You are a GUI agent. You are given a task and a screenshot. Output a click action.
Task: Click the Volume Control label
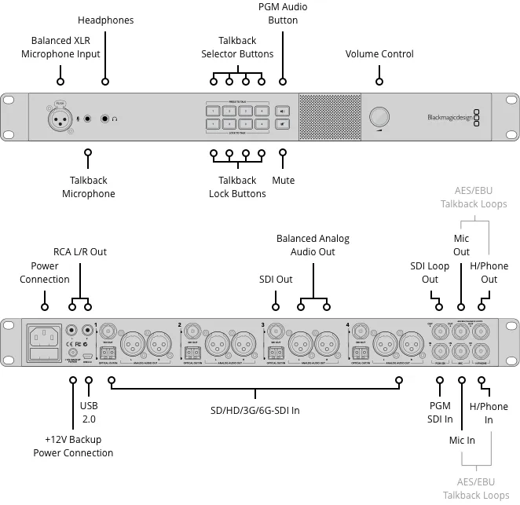point(379,54)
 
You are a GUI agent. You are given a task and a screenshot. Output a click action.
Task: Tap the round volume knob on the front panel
point(379,117)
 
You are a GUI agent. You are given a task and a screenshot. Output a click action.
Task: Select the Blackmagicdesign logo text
point(449,119)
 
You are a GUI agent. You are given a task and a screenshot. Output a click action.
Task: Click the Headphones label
point(106,20)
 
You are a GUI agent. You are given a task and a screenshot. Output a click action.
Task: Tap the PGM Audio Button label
point(283,13)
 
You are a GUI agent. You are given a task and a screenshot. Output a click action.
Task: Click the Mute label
point(283,181)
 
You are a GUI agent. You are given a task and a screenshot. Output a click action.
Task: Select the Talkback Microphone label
point(88,187)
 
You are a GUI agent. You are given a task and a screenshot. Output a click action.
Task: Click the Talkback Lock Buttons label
point(237,187)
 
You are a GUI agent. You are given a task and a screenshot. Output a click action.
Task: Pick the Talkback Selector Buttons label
point(237,47)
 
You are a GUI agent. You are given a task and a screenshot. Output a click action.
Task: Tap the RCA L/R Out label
point(79,252)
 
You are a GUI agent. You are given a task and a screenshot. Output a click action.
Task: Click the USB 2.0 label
point(89,412)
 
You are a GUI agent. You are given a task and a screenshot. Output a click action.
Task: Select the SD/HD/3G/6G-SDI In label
point(256,411)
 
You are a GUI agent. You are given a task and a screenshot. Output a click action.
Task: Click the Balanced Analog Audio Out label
point(313,245)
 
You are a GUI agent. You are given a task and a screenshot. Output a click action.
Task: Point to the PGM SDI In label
point(440,412)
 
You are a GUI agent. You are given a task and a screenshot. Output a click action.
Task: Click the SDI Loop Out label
point(430,273)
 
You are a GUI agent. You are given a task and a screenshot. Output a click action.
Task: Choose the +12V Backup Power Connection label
point(73,446)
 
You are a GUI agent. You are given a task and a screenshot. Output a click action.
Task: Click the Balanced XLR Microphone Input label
point(66,47)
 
